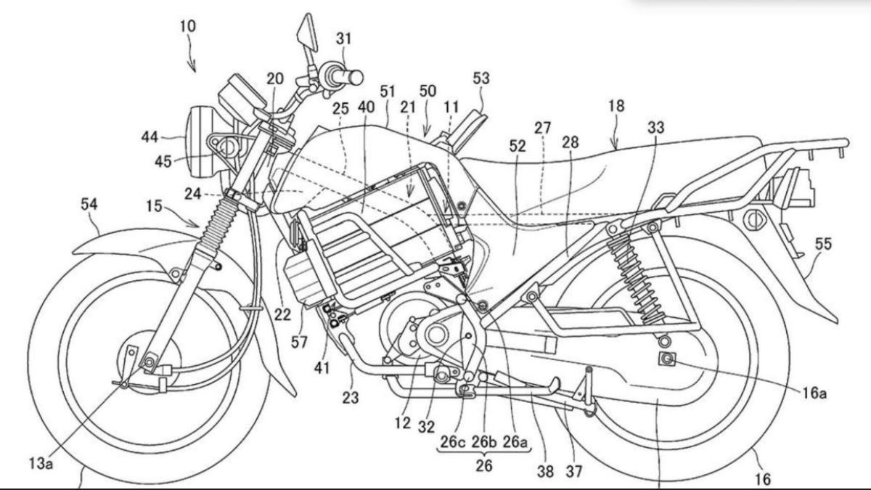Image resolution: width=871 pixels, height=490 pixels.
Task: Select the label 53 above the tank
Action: (481, 77)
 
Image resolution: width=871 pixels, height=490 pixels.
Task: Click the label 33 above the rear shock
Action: (656, 127)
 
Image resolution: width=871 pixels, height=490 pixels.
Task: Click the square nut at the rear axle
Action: (665, 357)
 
